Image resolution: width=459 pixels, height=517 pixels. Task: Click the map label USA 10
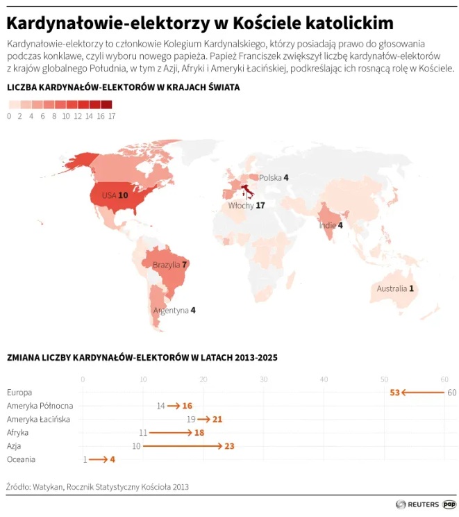115,195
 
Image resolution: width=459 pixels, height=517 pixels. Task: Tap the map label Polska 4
274,178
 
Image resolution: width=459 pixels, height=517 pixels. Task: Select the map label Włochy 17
247,206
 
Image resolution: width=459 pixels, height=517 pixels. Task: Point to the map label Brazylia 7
170,265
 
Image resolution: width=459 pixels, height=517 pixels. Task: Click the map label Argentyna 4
174,311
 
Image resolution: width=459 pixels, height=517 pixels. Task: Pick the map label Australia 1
395,288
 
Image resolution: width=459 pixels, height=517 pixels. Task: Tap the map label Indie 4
331,225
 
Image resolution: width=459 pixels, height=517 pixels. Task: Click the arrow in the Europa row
422,393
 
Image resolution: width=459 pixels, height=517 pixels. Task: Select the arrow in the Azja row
183,445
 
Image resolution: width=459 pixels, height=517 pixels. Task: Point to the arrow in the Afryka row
171,432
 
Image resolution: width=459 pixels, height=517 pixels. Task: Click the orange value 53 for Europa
394,393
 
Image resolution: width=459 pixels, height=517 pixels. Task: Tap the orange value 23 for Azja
230,445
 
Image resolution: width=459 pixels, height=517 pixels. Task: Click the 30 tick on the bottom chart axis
264,379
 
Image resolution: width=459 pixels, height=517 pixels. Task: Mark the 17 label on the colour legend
112,117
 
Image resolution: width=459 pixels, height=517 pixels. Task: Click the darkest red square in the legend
106,105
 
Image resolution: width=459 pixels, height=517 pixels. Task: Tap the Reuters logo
417,504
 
